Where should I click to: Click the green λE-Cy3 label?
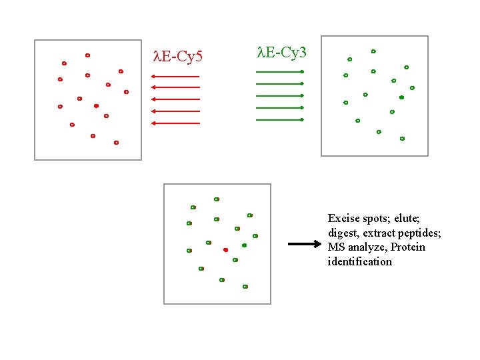[281, 51]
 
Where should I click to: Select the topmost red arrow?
[175, 77]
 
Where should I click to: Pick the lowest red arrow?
[175, 123]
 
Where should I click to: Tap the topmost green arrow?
[280, 71]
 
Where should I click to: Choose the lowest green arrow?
[280, 120]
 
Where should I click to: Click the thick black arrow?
[304, 244]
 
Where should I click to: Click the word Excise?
[343, 218]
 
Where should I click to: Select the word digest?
[343, 233]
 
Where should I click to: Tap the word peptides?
[419, 233]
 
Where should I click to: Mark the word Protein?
[408, 247]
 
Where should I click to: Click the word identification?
[360, 261]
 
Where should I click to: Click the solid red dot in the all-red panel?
[96, 106]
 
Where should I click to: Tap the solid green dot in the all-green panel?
[401, 97]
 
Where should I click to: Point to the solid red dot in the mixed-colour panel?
[225, 249]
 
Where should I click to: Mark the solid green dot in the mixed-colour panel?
[244, 245]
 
